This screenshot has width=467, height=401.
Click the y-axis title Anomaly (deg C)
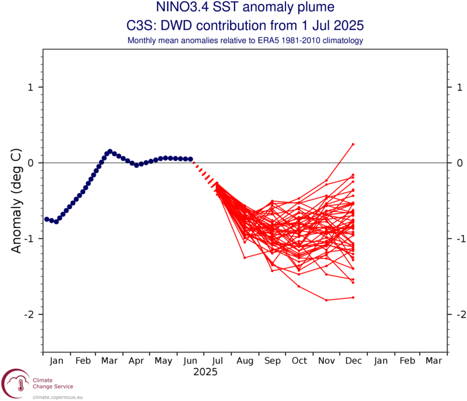(x=17, y=200)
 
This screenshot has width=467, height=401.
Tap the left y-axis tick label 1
(x=32, y=87)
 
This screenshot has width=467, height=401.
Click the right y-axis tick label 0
(x=459, y=163)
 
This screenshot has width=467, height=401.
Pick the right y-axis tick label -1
(x=457, y=239)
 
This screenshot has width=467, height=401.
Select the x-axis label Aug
(x=245, y=361)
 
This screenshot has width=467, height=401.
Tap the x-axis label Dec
(x=353, y=361)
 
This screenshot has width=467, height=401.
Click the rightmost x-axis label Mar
(x=434, y=361)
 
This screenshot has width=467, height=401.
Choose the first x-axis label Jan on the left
(x=57, y=361)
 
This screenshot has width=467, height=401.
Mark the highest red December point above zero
(x=353, y=144)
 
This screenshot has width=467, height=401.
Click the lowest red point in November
(x=326, y=300)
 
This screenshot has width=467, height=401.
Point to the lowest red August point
(x=245, y=257)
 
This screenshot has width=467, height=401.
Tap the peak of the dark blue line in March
(x=110, y=152)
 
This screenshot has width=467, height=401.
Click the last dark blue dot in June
(x=190, y=159)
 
